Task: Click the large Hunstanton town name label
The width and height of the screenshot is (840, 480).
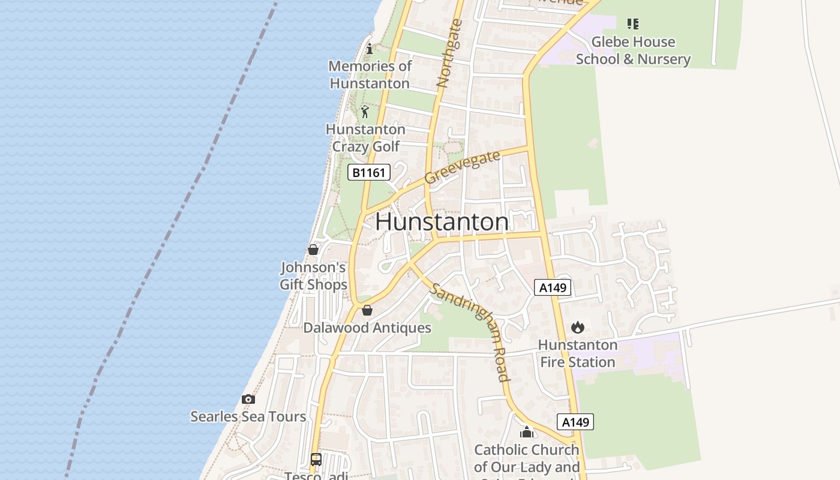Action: [442, 222]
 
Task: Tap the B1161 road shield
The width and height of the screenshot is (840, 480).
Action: [369, 173]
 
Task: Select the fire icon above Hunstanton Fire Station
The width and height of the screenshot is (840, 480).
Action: [578, 327]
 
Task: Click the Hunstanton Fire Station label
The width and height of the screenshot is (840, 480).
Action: [578, 353]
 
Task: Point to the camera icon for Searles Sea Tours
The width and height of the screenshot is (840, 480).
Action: [248, 399]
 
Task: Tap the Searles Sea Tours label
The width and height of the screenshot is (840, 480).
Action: [248, 416]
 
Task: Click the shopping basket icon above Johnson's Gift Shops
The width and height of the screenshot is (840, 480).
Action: [313, 250]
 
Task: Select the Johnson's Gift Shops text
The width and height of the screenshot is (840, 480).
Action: [313, 275]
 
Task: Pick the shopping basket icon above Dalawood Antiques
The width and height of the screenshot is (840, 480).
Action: [367, 310]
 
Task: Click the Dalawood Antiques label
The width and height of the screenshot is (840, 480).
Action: [367, 328]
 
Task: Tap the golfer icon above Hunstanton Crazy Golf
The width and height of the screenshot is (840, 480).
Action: [365, 112]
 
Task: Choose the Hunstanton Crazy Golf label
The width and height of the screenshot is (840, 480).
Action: [365, 137]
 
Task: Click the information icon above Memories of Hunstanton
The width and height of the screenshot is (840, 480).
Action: [370, 49]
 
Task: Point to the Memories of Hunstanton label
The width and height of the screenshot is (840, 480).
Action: [370, 74]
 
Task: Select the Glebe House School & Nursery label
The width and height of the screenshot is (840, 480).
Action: [633, 50]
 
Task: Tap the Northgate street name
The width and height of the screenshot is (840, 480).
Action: [450, 54]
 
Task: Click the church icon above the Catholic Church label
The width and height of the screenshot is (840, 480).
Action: [527, 432]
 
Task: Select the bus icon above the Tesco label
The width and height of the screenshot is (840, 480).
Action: [316, 460]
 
